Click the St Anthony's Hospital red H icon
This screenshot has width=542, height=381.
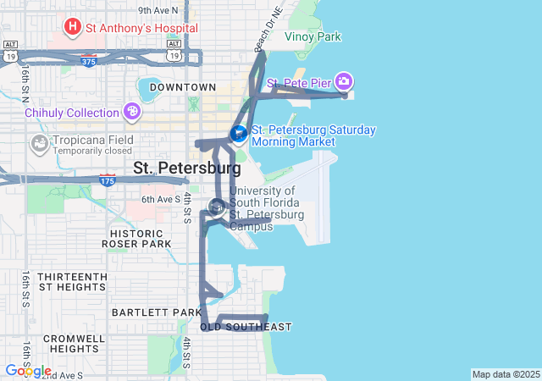coord(72,27)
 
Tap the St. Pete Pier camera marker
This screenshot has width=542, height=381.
coord(344,82)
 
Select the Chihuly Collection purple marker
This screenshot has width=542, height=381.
coord(131,112)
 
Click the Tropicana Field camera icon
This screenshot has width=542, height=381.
coord(39,143)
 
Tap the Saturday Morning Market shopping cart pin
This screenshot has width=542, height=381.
coord(239,134)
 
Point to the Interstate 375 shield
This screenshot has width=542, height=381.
coord(89,61)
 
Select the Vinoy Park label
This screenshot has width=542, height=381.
coord(312,37)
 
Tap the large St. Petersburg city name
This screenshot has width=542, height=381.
coord(187,168)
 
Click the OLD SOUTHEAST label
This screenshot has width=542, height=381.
coord(246,327)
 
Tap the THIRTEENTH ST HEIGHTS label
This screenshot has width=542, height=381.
coord(72,282)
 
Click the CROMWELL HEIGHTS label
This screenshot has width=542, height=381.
coord(73,343)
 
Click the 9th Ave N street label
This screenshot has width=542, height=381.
coord(158,10)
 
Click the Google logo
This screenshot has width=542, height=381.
coord(28,371)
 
